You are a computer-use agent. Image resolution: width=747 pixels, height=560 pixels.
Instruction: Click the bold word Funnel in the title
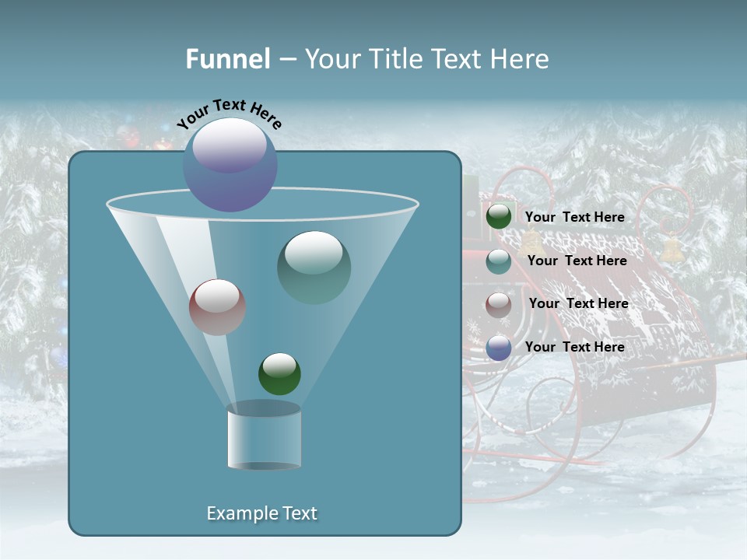tap(228, 59)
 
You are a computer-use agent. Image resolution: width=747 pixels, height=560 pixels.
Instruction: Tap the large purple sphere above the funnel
tap(230, 164)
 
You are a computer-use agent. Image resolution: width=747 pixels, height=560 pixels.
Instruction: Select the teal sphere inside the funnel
tap(314, 267)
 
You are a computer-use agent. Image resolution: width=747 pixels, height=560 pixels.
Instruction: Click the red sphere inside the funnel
tap(218, 307)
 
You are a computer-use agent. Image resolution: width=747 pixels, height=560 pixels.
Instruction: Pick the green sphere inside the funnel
tap(279, 374)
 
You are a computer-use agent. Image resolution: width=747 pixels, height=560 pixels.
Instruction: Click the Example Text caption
tap(262, 513)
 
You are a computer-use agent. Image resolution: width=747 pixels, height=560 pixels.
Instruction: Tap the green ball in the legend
tap(499, 217)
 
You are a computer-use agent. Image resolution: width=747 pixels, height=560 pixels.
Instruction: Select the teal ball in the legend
tap(499, 261)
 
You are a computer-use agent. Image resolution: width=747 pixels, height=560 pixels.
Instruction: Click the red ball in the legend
tap(499, 305)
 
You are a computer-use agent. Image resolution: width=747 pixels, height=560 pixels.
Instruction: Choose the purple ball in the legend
tap(499, 348)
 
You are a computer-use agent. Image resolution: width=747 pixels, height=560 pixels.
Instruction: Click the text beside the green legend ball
tap(574, 218)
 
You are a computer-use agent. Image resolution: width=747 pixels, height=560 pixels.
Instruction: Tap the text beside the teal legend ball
tap(577, 261)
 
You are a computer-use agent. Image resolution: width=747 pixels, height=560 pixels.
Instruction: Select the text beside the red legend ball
tap(578, 304)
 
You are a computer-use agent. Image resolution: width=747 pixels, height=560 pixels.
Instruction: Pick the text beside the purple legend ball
tap(574, 347)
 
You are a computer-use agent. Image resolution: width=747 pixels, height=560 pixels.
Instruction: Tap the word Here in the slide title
tap(519, 59)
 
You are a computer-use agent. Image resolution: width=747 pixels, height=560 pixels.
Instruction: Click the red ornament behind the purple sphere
tap(163, 144)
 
